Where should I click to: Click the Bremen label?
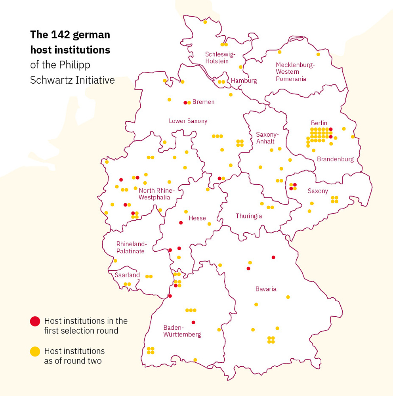[x=203, y=102]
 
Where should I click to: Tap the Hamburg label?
[x=244, y=80]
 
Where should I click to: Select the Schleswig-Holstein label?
[x=220, y=57]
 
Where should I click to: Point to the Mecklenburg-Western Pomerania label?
[x=295, y=72]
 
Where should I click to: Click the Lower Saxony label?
[x=188, y=121]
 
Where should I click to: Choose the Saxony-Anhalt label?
[x=267, y=138]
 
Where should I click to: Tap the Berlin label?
[x=319, y=123]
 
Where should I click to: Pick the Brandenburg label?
[x=335, y=159]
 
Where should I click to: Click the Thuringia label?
[x=249, y=216]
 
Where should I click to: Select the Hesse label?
[x=197, y=218]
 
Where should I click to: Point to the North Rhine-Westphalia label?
[x=156, y=194]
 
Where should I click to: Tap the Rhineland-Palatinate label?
[x=131, y=247]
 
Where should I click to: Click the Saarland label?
[x=127, y=275]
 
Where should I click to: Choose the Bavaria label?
[x=266, y=289]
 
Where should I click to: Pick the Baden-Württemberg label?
[x=182, y=331]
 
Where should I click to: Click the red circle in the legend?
[x=35, y=321]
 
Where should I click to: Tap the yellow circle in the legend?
[x=35, y=351]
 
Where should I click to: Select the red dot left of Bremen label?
[x=185, y=103]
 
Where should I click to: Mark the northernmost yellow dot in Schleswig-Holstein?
[x=205, y=22]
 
